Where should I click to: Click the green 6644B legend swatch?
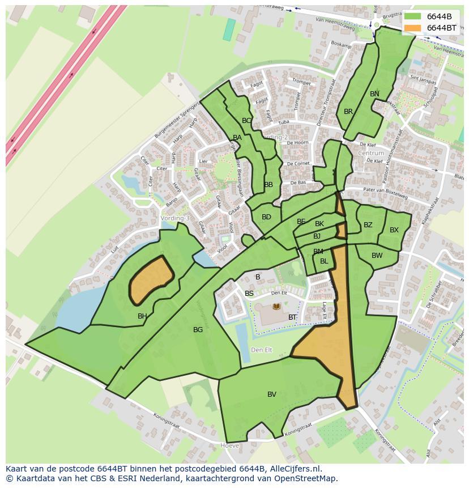click(413, 16)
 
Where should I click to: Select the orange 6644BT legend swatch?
click(413, 28)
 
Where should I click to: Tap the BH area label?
click(142, 316)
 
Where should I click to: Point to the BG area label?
click(198, 330)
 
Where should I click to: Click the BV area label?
click(272, 394)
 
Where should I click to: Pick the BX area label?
click(394, 230)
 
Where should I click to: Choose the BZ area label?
click(368, 225)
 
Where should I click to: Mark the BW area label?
click(377, 256)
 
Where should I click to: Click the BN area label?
click(374, 94)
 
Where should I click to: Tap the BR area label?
click(348, 112)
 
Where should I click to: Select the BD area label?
click(266, 217)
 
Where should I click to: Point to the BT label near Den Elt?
click(292, 317)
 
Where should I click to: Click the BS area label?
click(249, 294)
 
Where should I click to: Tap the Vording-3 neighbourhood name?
click(175, 218)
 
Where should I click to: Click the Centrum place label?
click(371, 153)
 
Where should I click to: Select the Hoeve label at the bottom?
click(229, 446)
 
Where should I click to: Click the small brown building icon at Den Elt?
click(276, 307)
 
